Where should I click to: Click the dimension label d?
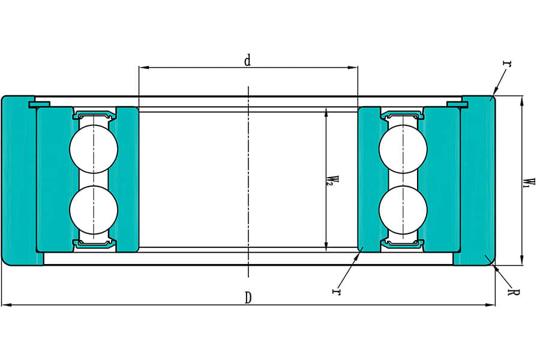[x=247, y=61]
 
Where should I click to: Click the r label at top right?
[x=507, y=63]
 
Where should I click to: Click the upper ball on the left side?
[x=94, y=149]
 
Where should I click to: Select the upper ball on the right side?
[x=403, y=149]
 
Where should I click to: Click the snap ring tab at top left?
[x=39, y=105]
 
